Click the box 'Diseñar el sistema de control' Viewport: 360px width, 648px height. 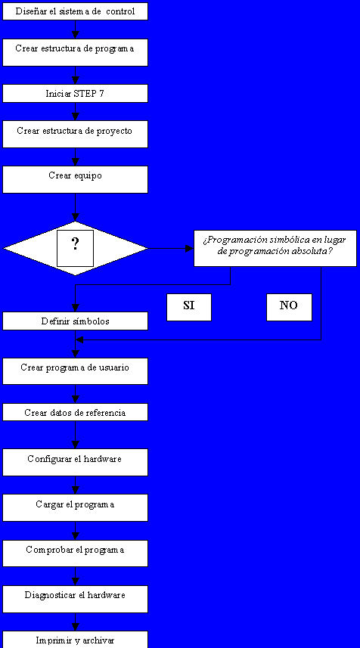(x=75, y=11)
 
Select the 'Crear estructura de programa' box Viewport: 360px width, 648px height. (x=75, y=52)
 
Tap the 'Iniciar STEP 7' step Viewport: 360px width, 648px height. (x=75, y=94)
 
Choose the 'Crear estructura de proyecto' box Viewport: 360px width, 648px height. (x=75, y=135)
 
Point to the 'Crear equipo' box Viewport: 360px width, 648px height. (x=75, y=179)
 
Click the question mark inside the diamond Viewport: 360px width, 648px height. (x=75, y=245)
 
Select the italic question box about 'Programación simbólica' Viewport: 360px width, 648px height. (x=275, y=248)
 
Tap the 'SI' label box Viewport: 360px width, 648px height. (x=189, y=308)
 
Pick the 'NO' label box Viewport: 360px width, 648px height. (x=289, y=308)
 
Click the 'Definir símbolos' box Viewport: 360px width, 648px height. (x=75, y=321)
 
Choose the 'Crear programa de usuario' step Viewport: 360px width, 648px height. (x=75, y=371)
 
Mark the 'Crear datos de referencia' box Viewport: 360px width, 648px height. (x=75, y=412)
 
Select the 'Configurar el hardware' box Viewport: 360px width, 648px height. (x=75, y=463)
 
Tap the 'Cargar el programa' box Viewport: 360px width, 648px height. (x=75, y=508)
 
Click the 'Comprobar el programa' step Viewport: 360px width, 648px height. (x=75, y=553)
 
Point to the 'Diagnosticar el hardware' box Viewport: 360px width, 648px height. (x=75, y=600)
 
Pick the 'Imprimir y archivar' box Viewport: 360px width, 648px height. (x=75, y=640)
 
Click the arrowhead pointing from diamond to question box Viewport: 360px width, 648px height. (x=189, y=248)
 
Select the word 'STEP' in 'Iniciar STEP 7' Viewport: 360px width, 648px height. (x=84, y=94)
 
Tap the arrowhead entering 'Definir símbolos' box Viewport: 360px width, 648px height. (x=75, y=308)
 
